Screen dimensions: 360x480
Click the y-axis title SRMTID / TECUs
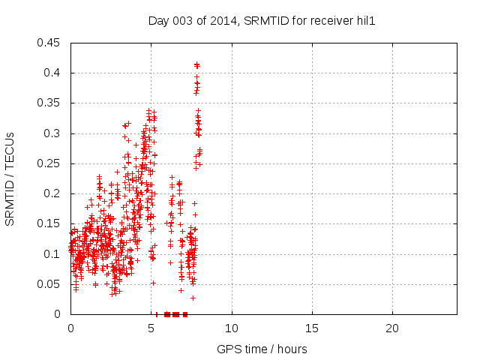(10, 178)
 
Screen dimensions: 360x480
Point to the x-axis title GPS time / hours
(262, 349)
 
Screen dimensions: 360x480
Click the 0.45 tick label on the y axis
(50, 43)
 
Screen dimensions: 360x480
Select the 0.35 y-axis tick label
(50, 103)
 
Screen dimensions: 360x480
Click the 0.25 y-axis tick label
(50, 163)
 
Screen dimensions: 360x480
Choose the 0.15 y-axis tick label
(50, 223)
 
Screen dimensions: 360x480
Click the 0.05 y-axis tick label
(50, 284)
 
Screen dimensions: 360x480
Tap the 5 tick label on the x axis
(151, 328)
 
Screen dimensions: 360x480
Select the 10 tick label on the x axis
(232, 328)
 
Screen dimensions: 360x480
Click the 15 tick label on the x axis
(312, 328)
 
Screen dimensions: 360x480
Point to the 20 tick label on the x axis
(392, 328)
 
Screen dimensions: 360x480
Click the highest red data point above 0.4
(196, 64)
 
